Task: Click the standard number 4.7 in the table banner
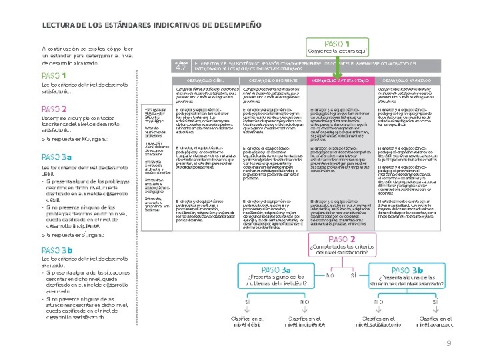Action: point(181,67)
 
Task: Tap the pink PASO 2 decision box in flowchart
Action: point(338,245)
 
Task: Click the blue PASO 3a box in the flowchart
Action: point(277,274)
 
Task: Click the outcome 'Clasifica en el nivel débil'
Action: point(248,322)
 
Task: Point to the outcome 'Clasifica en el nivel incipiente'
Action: point(305,322)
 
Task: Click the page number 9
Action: point(449,343)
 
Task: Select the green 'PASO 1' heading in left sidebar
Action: point(53,75)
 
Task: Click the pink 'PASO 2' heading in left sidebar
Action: point(54,109)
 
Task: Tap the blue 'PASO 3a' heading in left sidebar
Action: point(56,158)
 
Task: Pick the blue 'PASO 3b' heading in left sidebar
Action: point(56,249)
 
